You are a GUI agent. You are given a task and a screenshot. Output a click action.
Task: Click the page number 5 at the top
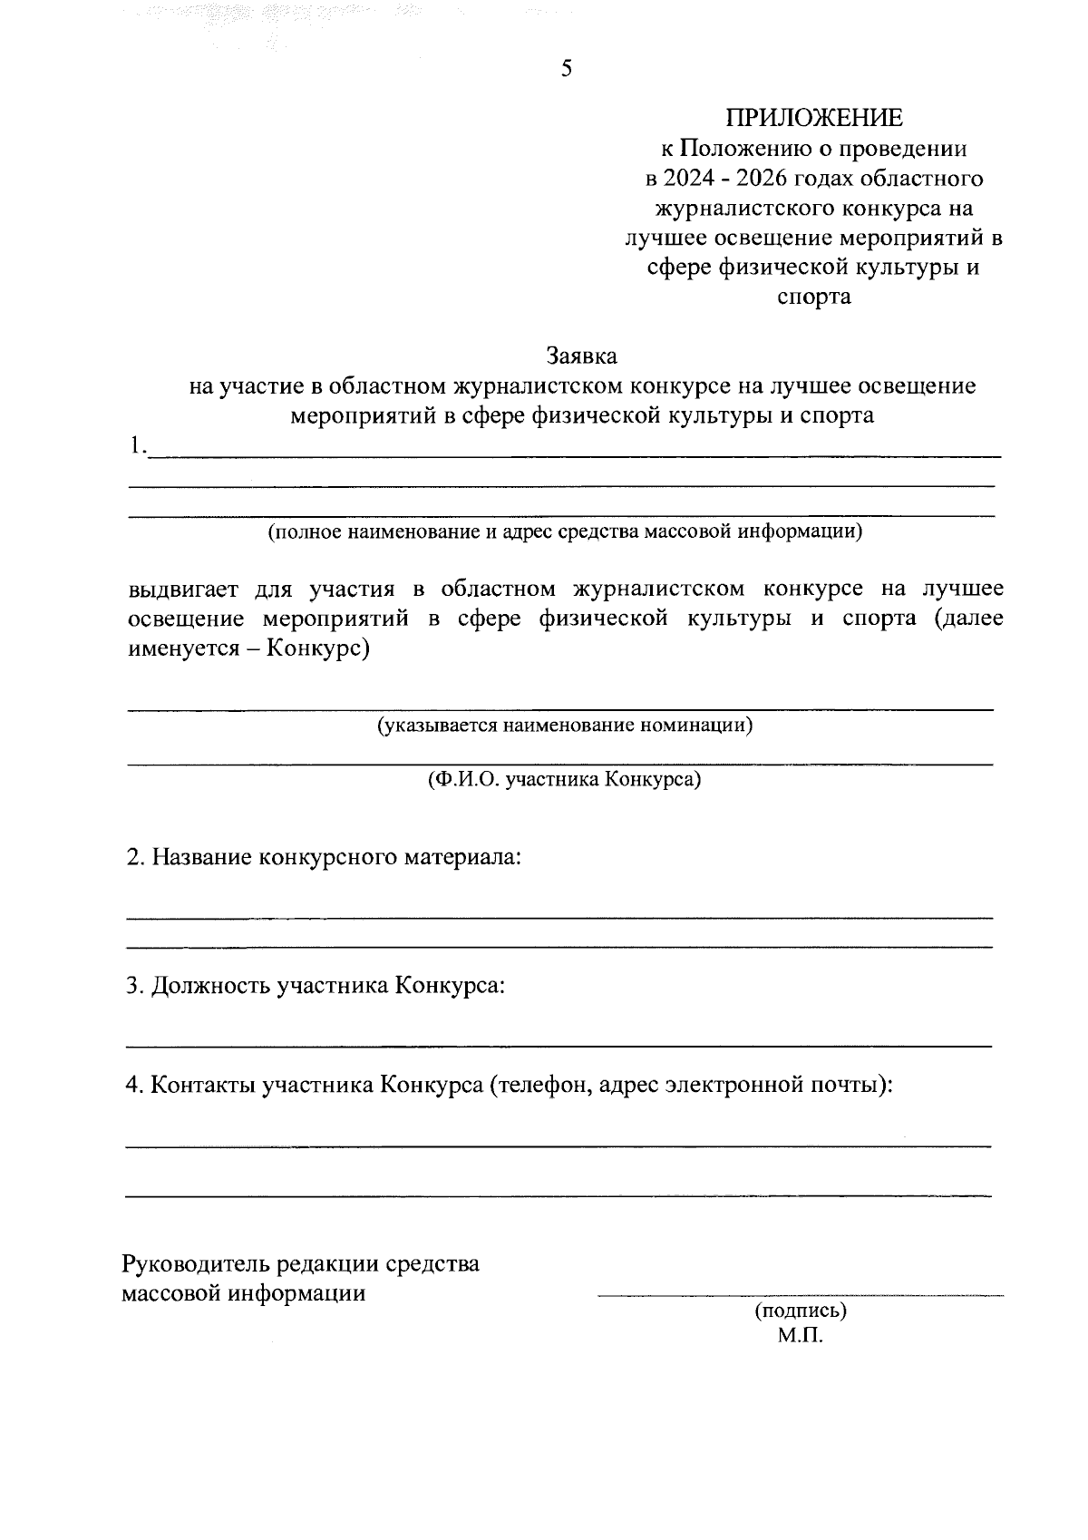tap(567, 70)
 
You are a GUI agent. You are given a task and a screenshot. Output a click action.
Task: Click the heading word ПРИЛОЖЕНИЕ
tap(813, 118)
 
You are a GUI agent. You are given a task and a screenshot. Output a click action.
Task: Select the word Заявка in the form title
tap(581, 356)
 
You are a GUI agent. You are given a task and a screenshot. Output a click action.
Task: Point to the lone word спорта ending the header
tap(814, 297)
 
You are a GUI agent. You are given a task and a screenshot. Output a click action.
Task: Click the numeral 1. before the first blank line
tap(136, 445)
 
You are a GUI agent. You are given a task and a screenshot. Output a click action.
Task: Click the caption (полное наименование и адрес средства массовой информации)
tap(564, 531)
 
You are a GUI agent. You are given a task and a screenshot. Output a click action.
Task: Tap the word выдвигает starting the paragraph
tap(183, 589)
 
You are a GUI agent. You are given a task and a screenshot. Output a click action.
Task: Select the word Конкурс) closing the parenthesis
tap(318, 650)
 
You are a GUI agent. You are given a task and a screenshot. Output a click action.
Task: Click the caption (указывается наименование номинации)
tap(565, 726)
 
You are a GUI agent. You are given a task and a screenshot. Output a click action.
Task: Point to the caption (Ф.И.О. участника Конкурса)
tap(565, 779)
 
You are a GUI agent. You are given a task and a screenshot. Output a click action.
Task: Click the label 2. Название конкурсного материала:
tap(324, 857)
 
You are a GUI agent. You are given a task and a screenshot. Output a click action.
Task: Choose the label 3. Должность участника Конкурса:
tap(315, 986)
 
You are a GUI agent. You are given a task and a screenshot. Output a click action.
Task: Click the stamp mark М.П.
tap(800, 1336)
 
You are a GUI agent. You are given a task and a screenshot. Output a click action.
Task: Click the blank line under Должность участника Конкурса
tap(558, 1047)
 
